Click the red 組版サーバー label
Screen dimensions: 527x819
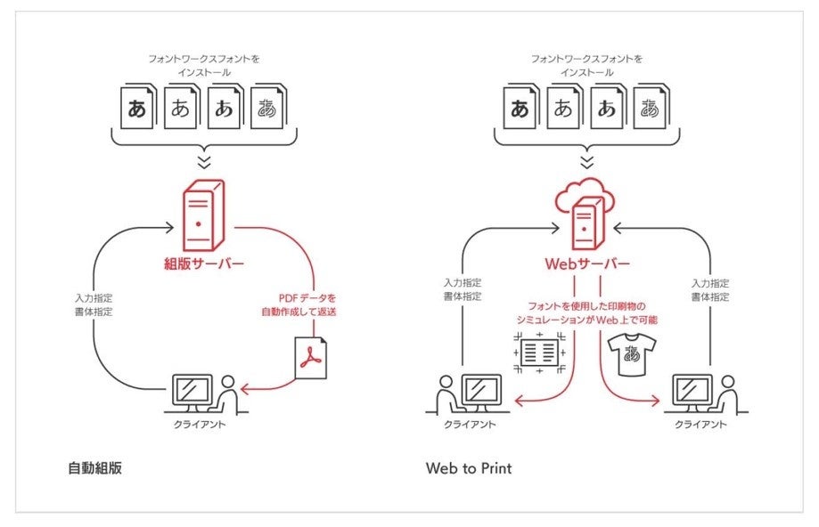point(203,264)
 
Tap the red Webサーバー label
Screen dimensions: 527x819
point(586,264)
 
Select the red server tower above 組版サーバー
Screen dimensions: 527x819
point(204,215)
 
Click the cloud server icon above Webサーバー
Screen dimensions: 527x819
point(586,214)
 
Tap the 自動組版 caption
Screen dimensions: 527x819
point(94,467)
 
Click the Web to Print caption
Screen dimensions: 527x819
point(469,467)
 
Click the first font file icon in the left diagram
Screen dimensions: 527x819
point(138,109)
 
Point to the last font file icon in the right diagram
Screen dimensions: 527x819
point(651,109)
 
